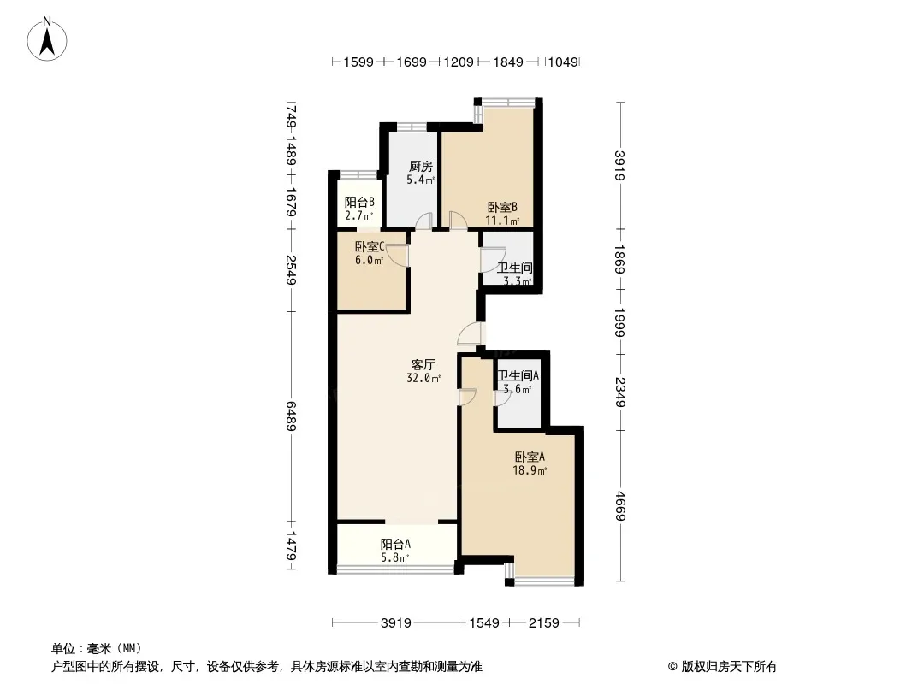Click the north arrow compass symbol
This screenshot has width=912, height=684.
(47, 39)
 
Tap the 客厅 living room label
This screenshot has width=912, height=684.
(423, 365)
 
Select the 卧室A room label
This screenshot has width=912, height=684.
(530, 457)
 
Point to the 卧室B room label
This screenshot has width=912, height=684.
(502, 208)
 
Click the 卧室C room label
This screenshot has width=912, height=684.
(370, 247)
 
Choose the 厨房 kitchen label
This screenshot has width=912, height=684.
(421, 167)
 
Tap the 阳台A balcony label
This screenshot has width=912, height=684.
(395, 545)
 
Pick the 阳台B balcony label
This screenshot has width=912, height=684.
(359, 203)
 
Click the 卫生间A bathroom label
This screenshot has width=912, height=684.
(518, 376)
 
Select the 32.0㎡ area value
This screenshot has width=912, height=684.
(423, 378)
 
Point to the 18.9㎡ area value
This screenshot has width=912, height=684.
(530, 471)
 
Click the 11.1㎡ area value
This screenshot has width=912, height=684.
(502, 221)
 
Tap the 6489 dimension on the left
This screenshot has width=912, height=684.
(291, 416)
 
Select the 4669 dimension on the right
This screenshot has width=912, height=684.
(620, 505)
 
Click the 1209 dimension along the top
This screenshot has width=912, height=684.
(459, 62)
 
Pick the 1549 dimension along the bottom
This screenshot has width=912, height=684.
(484, 623)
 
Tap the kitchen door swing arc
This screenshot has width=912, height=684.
(424, 221)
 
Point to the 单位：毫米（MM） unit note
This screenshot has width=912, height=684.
(97, 649)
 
